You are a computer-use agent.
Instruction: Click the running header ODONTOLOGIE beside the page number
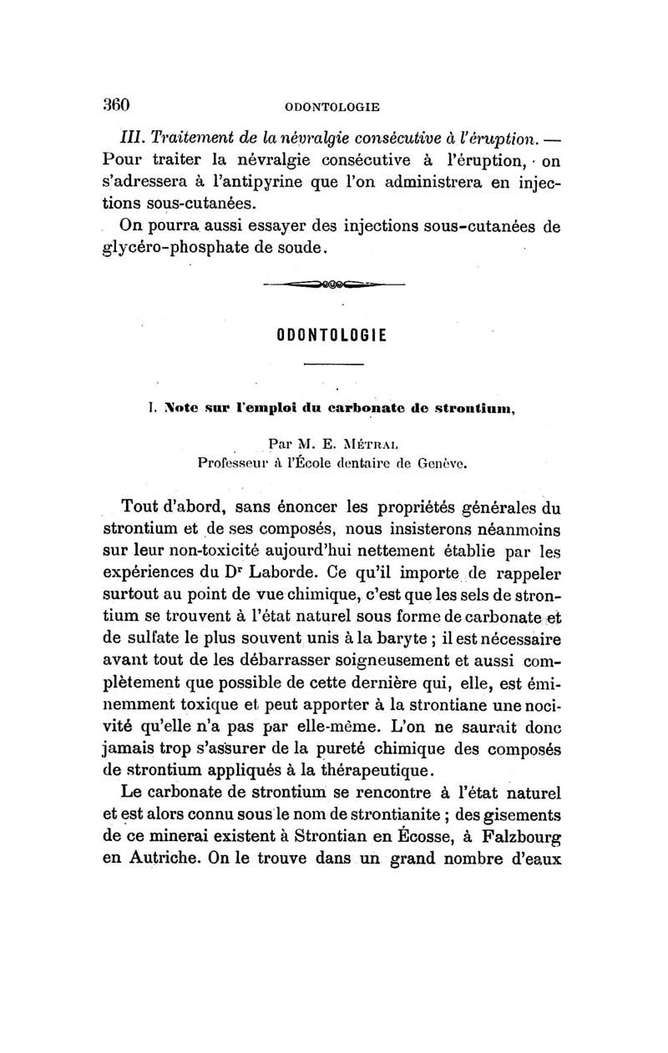click(332, 107)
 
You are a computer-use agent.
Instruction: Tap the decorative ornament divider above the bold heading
click(333, 285)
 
